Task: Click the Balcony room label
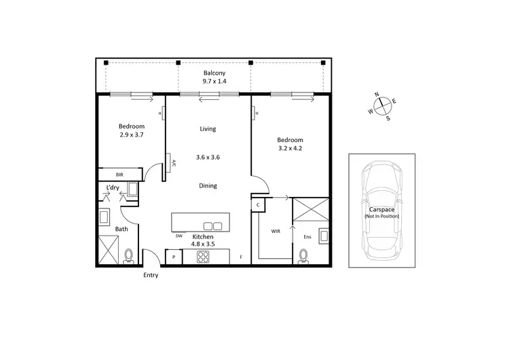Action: click(214, 73)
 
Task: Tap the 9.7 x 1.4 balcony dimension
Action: click(214, 82)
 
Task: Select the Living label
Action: click(208, 129)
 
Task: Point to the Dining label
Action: click(208, 185)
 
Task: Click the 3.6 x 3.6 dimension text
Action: click(208, 158)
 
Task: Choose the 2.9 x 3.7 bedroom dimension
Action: click(132, 135)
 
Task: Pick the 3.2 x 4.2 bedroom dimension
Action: click(290, 148)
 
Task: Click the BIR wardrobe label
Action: click(119, 175)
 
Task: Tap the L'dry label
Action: click(113, 187)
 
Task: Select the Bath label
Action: click(121, 229)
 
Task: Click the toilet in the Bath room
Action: click(128, 255)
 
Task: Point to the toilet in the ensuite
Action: click(303, 255)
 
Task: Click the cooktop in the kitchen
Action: click(203, 257)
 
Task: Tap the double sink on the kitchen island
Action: click(212, 226)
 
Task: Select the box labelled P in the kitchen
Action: click(174, 257)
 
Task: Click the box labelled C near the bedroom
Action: click(259, 204)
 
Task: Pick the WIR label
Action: click(276, 232)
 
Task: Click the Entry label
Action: click(151, 275)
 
